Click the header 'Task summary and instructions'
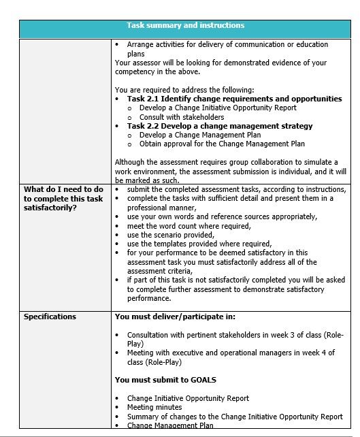click(x=185, y=26)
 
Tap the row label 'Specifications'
click(x=50, y=317)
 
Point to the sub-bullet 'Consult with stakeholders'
click(x=181, y=117)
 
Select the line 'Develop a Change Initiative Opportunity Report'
click(x=218, y=108)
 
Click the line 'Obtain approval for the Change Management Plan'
click(x=222, y=144)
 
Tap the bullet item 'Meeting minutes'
click(x=154, y=407)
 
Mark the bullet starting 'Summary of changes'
click(x=235, y=417)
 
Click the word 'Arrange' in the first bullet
click(x=141, y=44)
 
